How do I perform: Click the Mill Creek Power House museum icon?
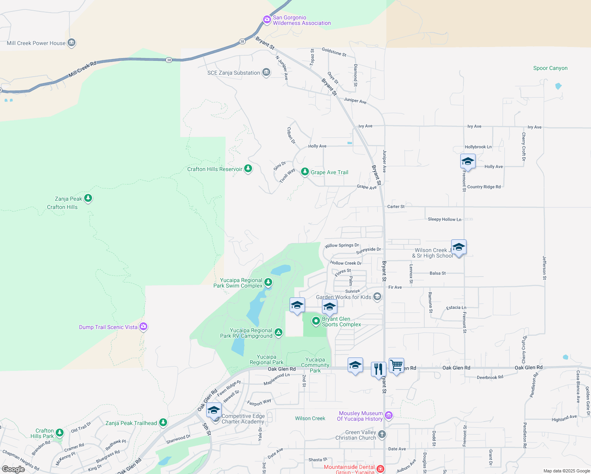tap(72, 43)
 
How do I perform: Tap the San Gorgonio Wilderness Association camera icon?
tap(267, 19)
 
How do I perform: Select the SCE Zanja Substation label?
tap(233, 73)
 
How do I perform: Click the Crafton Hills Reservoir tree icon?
tap(248, 169)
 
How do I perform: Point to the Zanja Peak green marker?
tap(88, 198)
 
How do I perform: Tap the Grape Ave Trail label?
tap(329, 173)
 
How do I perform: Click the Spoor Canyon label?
tap(550, 68)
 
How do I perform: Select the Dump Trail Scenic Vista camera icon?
tap(143, 327)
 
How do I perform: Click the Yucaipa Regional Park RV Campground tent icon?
tap(279, 333)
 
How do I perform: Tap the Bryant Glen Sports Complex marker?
tap(316, 321)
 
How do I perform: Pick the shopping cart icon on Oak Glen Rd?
tap(396, 365)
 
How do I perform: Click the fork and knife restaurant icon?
tap(378, 369)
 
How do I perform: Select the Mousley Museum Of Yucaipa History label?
tap(360, 416)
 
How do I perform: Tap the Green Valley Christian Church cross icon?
tap(382, 434)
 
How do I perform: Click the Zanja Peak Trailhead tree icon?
tap(163, 423)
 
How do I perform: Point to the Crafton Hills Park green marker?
tap(60, 433)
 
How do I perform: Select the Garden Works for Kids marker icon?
tap(377, 297)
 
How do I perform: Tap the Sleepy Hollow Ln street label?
tap(444, 220)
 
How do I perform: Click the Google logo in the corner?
tap(13, 469)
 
